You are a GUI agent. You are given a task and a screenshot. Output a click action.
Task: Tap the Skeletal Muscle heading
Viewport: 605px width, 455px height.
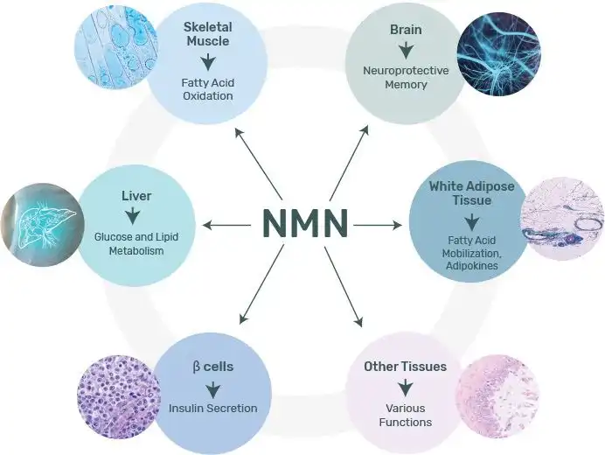(207, 34)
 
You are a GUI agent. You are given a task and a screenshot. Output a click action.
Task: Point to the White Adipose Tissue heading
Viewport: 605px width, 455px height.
(471, 193)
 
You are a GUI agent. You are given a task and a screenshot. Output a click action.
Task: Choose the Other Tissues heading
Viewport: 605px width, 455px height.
(406, 366)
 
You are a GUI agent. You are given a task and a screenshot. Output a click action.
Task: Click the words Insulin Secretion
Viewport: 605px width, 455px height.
(213, 408)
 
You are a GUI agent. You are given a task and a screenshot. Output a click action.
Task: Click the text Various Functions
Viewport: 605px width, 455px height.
(406, 415)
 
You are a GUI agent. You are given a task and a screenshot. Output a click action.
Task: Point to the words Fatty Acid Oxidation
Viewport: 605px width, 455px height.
(207, 89)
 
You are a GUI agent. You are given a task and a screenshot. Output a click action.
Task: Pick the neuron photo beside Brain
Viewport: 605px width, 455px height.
(499, 54)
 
